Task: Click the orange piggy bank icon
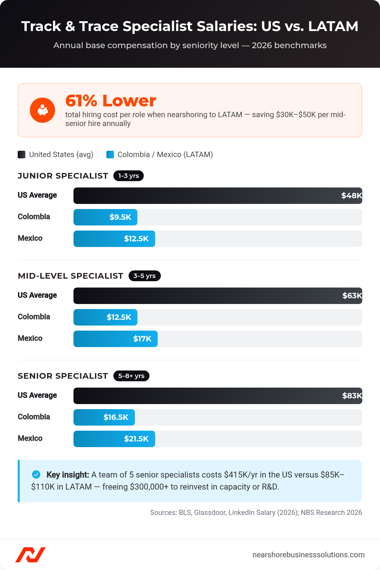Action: pyautogui.click(x=42, y=110)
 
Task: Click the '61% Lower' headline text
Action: pyautogui.click(x=111, y=101)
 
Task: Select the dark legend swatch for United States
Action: pyautogui.click(x=22, y=155)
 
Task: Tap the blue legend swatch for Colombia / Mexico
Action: pyautogui.click(x=110, y=155)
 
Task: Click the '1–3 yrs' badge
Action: pyautogui.click(x=129, y=176)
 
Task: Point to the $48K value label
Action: pyautogui.click(x=351, y=196)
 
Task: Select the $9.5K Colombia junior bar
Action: pyautogui.click(x=105, y=217)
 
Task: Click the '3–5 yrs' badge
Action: pyautogui.click(x=144, y=276)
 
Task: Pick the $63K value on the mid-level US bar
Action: pyautogui.click(x=352, y=296)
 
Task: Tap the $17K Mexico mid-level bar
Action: pyautogui.click(x=116, y=339)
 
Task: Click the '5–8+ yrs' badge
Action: pyautogui.click(x=131, y=376)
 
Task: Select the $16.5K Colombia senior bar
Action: pyautogui.click(x=104, y=417)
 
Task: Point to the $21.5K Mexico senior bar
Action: pyautogui.click(x=114, y=439)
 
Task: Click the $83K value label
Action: pyautogui.click(x=352, y=396)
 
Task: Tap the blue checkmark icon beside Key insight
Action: pyautogui.click(x=36, y=474)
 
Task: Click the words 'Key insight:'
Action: pyautogui.click(x=67, y=475)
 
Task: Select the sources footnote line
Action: pyautogui.click(x=256, y=512)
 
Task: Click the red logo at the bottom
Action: pyautogui.click(x=30, y=555)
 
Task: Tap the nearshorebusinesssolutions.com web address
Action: pyautogui.click(x=308, y=555)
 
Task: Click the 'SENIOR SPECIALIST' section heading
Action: pyautogui.click(x=63, y=376)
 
